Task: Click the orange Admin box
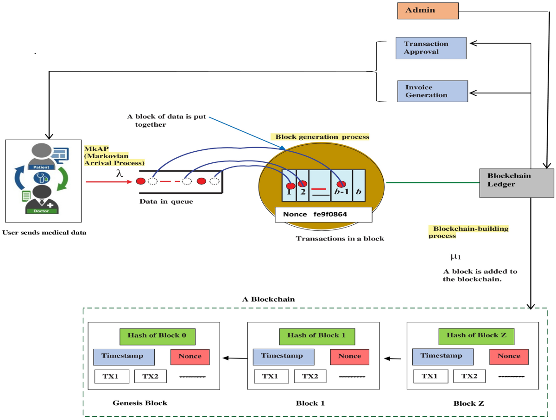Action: (428, 11)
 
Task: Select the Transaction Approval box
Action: (430, 48)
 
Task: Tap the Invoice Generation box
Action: (433, 91)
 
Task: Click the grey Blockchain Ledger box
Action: (516, 182)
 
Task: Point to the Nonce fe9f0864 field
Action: (323, 215)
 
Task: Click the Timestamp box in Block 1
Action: (283, 357)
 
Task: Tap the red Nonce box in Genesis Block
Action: (190, 357)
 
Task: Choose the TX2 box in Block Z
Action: (469, 377)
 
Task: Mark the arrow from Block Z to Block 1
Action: (393, 358)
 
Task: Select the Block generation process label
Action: (322, 137)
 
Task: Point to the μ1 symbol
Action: (455, 257)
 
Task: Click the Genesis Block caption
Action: (140, 403)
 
